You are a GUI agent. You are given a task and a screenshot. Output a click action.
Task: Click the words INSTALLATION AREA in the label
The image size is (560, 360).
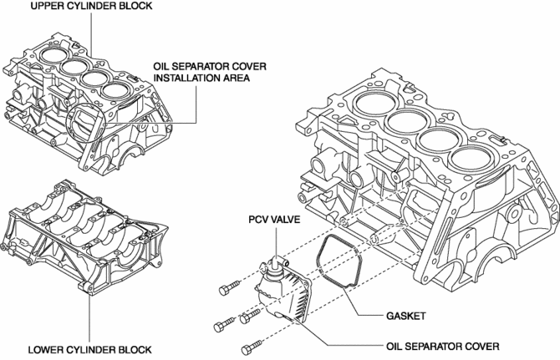(201, 78)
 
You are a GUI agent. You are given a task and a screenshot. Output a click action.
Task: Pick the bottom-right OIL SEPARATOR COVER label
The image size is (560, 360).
(442, 345)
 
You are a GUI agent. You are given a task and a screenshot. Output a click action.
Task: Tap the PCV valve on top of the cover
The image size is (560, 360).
(268, 263)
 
